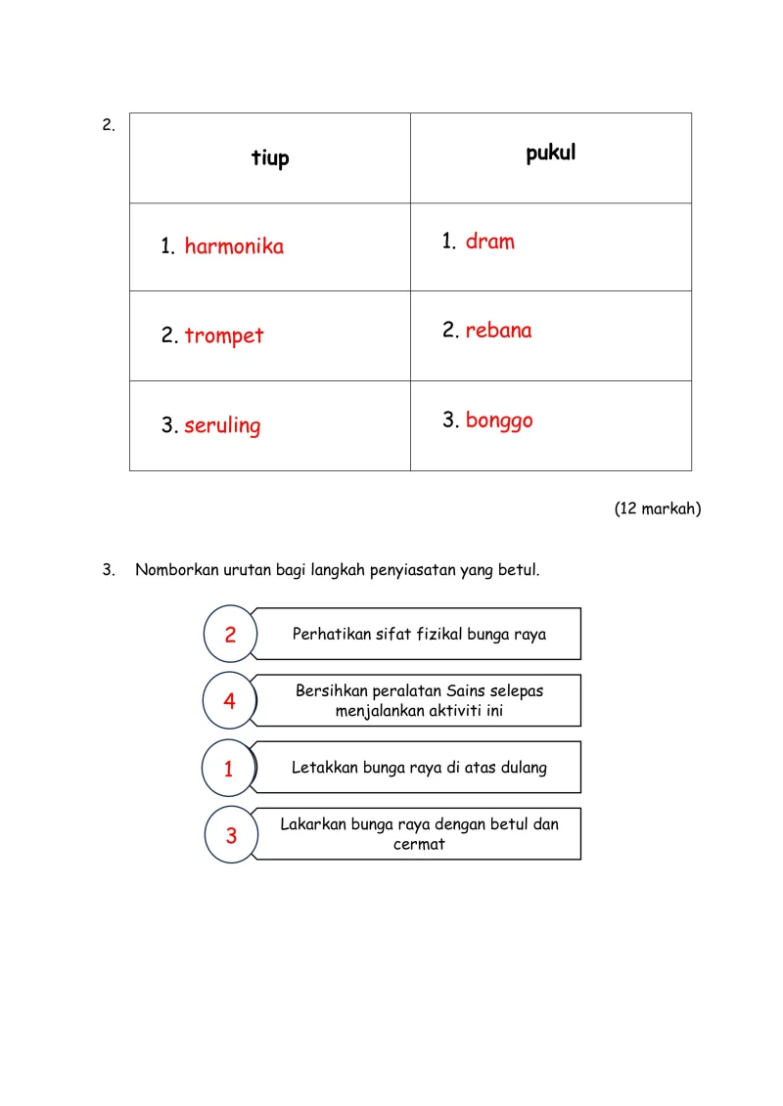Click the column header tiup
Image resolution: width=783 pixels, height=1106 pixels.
point(270,158)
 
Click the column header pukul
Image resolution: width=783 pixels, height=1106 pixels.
point(550,154)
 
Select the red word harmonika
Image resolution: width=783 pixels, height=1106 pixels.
point(234,246)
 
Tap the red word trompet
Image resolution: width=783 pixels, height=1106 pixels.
point(224,336)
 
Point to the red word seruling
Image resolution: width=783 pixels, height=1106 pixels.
point(222,426)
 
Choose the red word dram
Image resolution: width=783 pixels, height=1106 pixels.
point(489,242)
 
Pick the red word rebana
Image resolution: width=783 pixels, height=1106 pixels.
point(498,331)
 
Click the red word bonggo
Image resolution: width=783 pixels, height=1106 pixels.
point(499,420)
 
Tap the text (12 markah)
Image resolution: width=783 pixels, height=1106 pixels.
point(658,509)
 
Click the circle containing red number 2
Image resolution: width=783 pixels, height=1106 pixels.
point(230,635)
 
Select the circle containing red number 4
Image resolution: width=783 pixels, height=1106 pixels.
point(230,701)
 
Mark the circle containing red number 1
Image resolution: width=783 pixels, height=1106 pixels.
point(229,769)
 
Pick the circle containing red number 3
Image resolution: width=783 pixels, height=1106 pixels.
point(232,835)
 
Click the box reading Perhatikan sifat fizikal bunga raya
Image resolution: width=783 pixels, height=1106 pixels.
point(419,635)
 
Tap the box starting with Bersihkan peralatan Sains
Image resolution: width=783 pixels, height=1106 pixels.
point(419,701)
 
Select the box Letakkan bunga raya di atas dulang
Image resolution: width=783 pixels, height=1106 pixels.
point(419,768)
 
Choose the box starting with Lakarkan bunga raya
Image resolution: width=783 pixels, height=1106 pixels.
point(419,834)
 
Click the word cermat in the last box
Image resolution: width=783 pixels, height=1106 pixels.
point(419,845)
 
